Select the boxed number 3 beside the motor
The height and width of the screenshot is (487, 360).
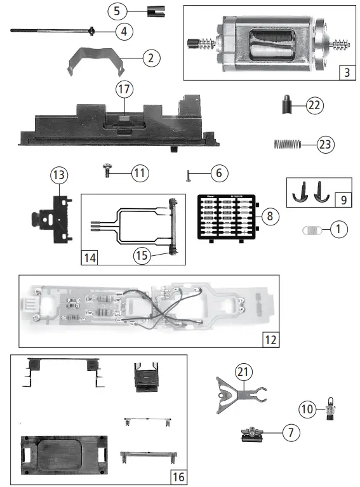point(346,71)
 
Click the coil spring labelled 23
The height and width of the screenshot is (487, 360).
point(286,144)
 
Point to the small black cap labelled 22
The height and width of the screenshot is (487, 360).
point(288,104)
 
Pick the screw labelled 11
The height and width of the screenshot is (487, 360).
point(108,170)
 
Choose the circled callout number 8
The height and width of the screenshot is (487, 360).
point(270,216)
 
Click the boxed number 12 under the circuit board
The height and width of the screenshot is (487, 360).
point(270,339)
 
